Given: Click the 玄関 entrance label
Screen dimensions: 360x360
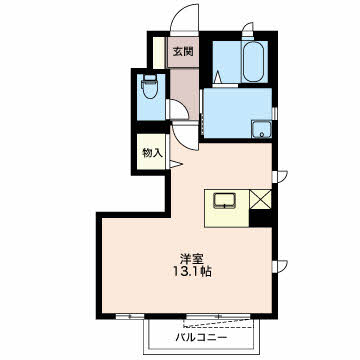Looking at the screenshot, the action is pos(182,52).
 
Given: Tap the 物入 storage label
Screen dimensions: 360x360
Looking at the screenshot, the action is pos(152,153).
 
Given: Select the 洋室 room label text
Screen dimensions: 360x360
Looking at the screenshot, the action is pos(192,259).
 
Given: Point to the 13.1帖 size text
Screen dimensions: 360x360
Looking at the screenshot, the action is pos(192,272).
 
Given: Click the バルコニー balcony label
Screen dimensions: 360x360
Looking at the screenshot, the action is pos(202,338).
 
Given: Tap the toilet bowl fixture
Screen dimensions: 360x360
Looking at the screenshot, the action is pos(150,86).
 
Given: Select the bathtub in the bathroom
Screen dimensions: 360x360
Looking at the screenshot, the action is pos(253,62).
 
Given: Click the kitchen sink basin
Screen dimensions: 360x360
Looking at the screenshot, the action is pos(225,201).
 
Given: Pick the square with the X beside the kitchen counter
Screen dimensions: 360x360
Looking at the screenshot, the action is pos(261,199).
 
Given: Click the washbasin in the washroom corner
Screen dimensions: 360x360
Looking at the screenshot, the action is pos(262,129).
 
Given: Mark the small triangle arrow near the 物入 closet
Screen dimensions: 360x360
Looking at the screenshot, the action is pos(176,164).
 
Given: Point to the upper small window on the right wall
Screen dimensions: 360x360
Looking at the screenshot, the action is pos(280,176).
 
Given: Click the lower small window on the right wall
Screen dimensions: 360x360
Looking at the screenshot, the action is pos(280,266).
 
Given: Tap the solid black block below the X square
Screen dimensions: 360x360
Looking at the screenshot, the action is pos(261,218).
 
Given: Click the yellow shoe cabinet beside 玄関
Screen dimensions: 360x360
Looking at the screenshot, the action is pos(159,53).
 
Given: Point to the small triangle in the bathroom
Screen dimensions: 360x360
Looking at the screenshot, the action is pos(217,78).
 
